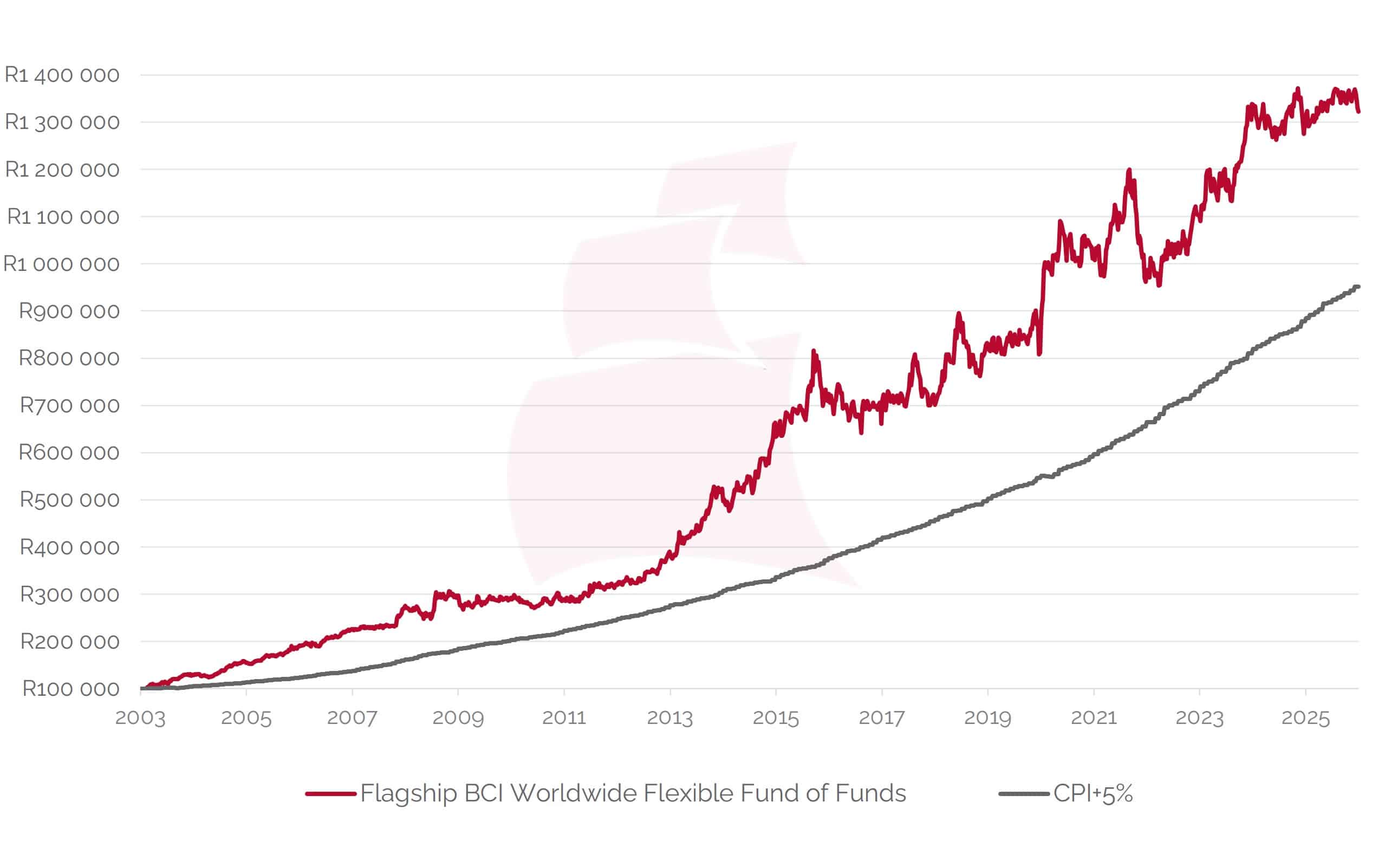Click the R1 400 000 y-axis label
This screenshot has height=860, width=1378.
(x=62, y=75)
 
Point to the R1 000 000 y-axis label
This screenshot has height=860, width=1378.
(x=61, y=264)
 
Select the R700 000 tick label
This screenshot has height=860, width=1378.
(x=69, y=405)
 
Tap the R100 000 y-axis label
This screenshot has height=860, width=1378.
(x=70, y=689)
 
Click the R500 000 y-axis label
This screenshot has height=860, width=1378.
(x=69, y=500)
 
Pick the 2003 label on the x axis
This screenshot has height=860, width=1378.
(x=140, y=719)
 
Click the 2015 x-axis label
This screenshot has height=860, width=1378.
(x=776, y=719)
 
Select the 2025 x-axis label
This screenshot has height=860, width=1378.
(x=1306, y=719)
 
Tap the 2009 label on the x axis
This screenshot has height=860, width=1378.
(x=458, y=719)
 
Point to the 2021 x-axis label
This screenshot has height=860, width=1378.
(x=1094, y=719)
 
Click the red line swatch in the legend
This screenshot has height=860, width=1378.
(x=331, y=793)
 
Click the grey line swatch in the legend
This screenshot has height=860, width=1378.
(x=1024, y=793)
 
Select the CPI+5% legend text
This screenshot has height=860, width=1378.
(x=1093, y=793)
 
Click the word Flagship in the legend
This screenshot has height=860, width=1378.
(x=409, y=793)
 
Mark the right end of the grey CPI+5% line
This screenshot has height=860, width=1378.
(x=1357, y=287)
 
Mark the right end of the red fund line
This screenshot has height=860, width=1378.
(x=1358, y=112)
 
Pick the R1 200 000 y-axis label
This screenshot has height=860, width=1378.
(x=62, y=170)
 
